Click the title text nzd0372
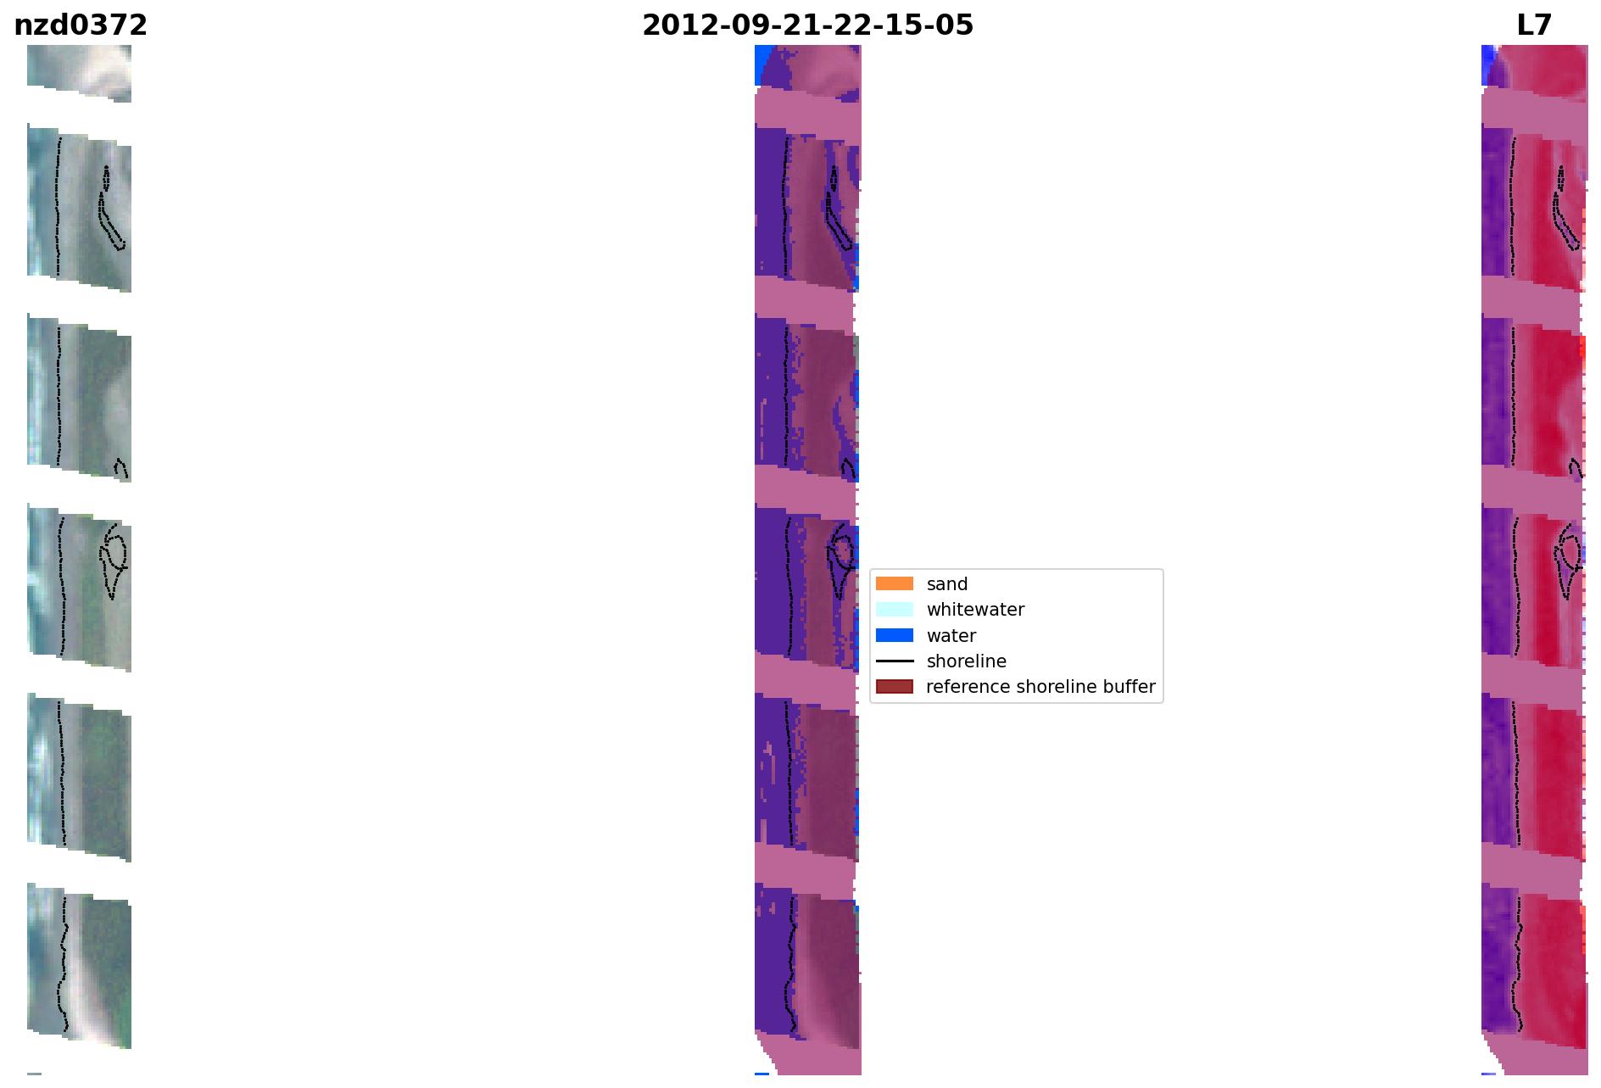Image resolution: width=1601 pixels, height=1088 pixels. [81, 25]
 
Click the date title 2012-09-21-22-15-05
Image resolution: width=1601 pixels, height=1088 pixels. [807, 25]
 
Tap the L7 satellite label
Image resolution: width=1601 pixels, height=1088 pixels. [1534, 25]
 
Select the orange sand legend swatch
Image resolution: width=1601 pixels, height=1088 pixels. [895, 583]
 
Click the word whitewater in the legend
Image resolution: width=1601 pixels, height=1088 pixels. [975, 610]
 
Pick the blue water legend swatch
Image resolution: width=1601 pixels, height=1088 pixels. [895, 635]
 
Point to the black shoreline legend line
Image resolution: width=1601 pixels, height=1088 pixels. [895, 661]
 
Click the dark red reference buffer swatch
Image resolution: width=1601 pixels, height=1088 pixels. [895, 686]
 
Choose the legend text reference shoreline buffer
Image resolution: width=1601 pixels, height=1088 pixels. [1040, 687]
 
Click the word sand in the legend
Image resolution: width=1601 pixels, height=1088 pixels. [947, 584]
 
